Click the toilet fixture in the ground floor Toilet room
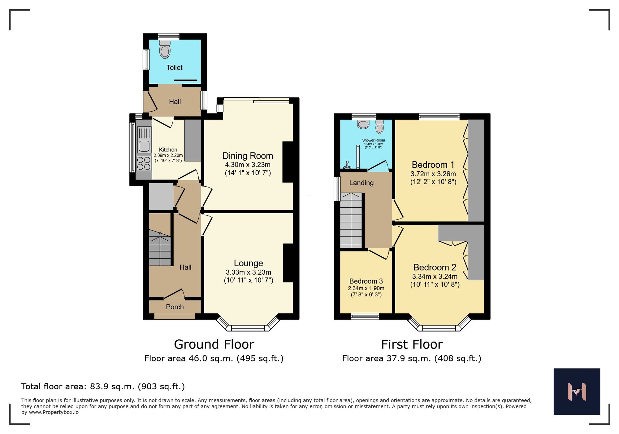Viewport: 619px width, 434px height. pyautogui.click(x=165, y=49)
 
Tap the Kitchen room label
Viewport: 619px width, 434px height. pyautogui.click(x=168, y=150)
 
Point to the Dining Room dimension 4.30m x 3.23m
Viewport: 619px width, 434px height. pyautogui.click(x=248, y=165)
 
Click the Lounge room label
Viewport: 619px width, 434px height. pyautogui.click(x=248, y=263)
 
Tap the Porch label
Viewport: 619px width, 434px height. pyautogui.click(x=175, y=307)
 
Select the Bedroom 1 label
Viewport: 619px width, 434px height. pyautogui.click(x=433, y=165)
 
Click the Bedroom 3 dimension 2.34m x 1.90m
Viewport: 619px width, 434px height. pyautogui.click(x=366, y=288)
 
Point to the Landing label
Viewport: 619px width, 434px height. pyautogui.click(x=361, y=183)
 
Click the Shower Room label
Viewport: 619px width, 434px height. pyautogui.click(x=373, y=140)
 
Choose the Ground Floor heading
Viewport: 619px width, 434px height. pyautogui.click(x=214, y=344)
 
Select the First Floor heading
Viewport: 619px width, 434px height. pyautogui.click(x=412, y=344)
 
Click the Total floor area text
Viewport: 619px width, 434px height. pyautogui.click(x=103, y=387)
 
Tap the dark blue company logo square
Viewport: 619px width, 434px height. pyautogui.click(x=577, y=392)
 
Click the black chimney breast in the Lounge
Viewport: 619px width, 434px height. pyautogui.click(x=288, y=263)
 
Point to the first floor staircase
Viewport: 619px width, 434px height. pyautogui.click(x=351, y=220)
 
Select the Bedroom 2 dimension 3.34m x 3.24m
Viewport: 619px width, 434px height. pyautogui.click(x=435, y=276)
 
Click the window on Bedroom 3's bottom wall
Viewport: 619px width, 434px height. pyautogui.click(x=365, y=316)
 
